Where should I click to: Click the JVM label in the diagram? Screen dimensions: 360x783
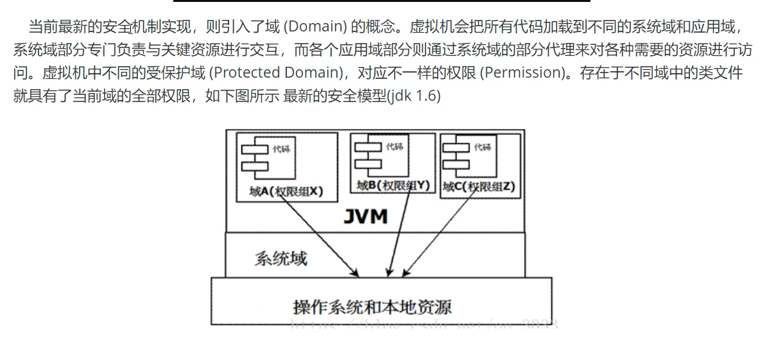365,216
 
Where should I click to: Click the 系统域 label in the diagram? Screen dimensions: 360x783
280,259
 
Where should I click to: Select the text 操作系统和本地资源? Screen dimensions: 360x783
372,306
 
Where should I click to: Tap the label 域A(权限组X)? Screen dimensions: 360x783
286,191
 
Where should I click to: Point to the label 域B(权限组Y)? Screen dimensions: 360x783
393,185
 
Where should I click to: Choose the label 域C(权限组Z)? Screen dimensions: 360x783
479,187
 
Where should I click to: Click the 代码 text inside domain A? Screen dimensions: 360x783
281,149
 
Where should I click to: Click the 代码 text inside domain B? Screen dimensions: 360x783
395,147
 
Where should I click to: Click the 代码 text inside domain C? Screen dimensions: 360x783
482,148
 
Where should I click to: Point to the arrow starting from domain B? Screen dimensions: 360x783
398,231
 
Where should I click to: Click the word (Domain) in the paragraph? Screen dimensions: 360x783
314,27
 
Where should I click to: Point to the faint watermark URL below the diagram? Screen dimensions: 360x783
424,323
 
